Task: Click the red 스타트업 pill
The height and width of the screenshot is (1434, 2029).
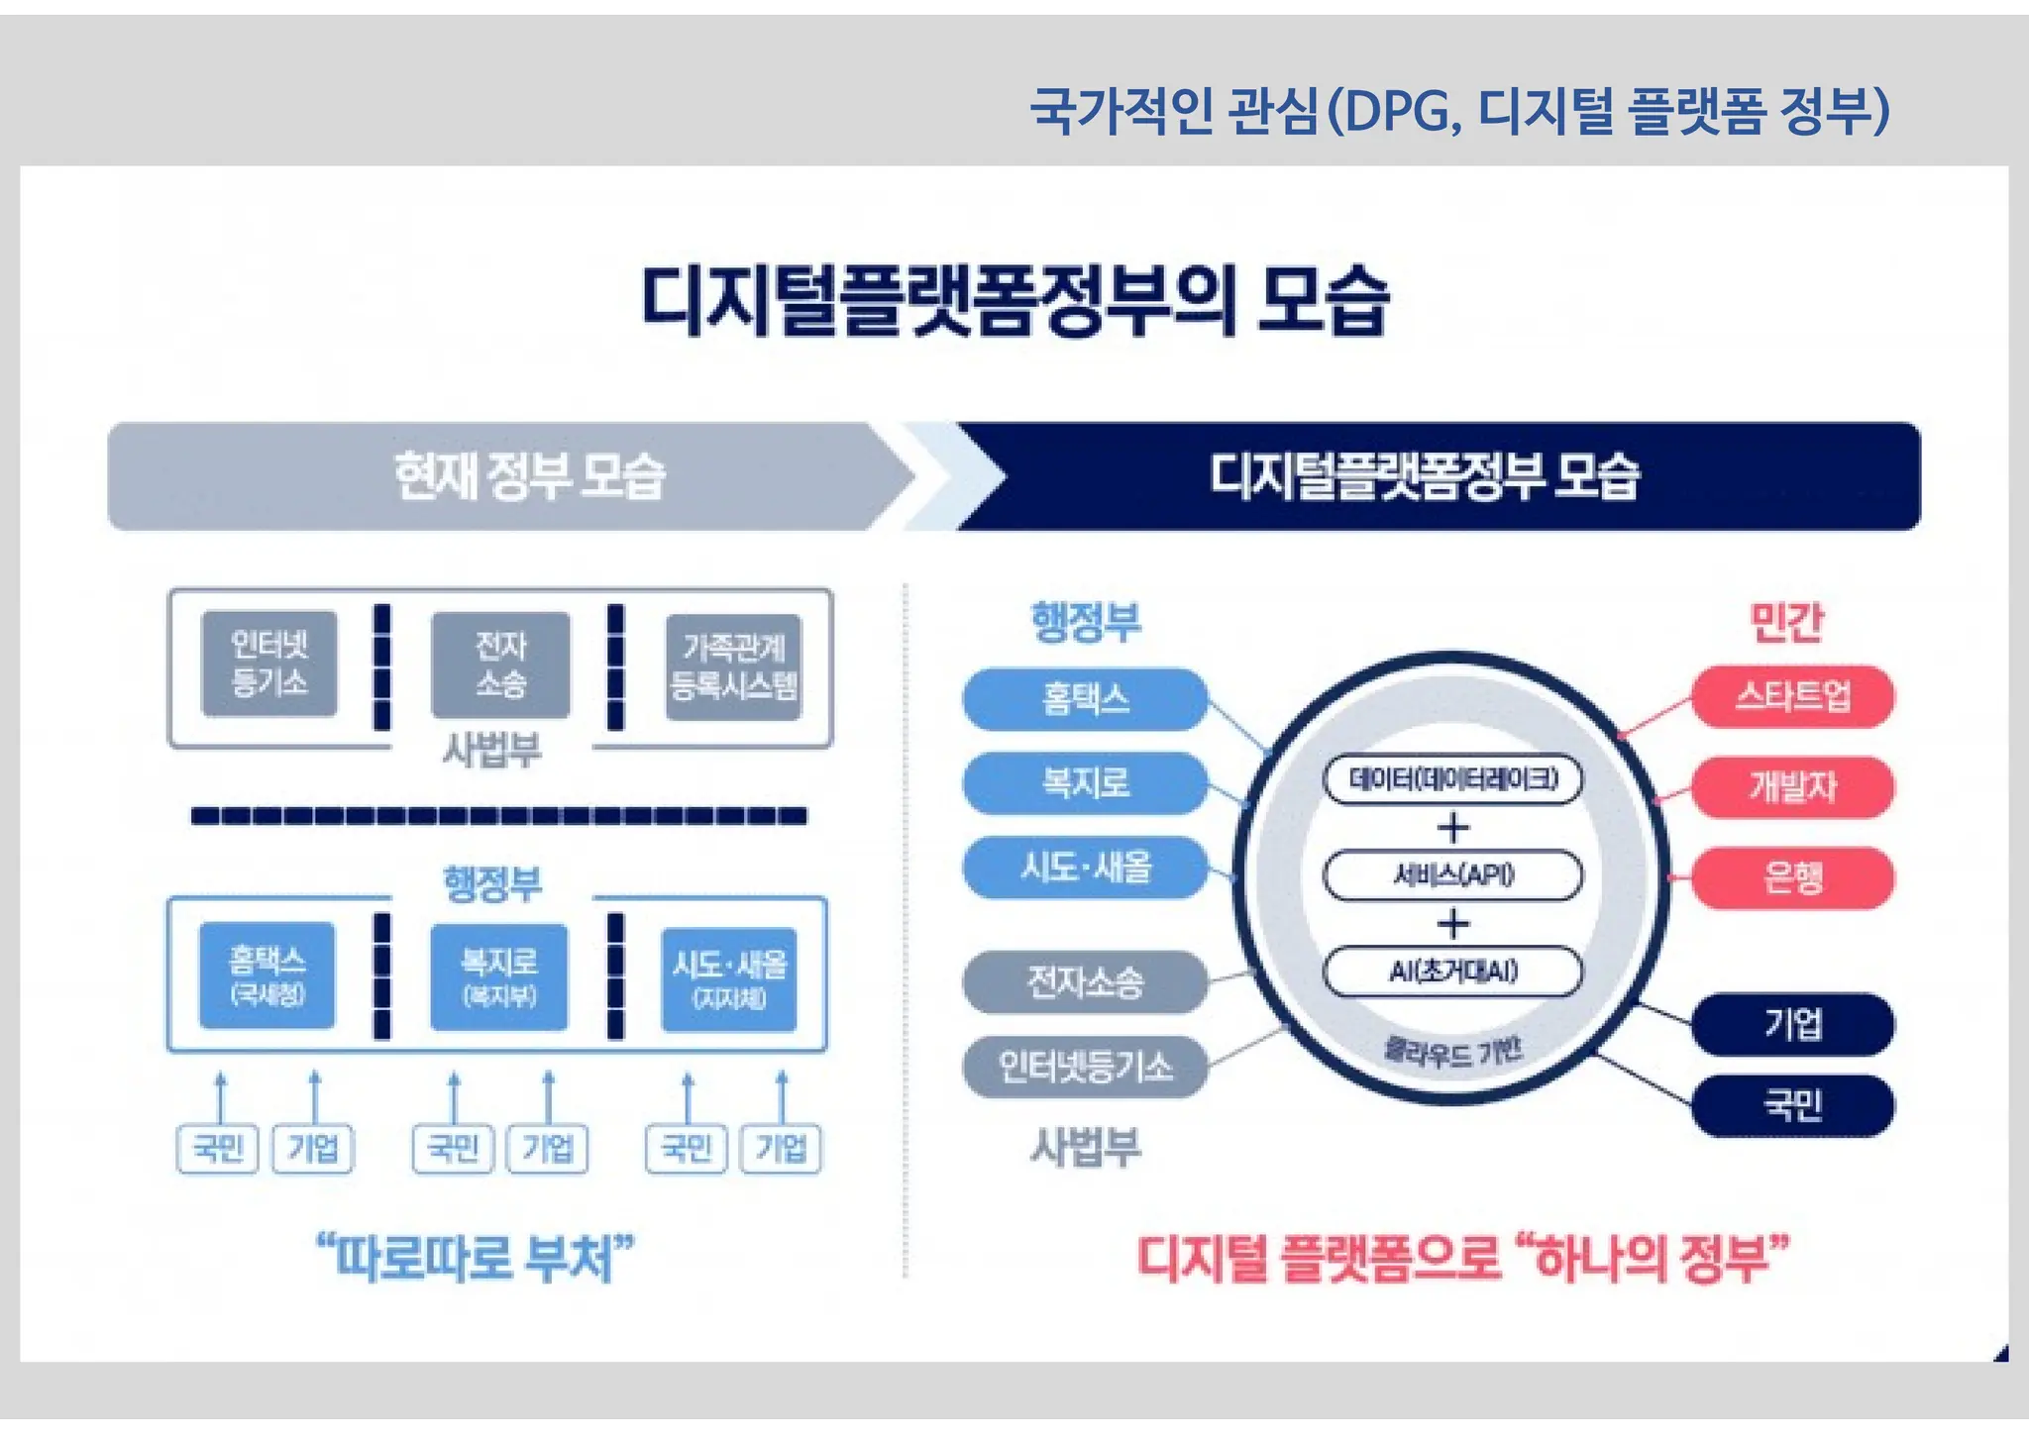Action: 1791,696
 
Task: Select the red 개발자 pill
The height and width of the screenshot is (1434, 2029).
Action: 1791,787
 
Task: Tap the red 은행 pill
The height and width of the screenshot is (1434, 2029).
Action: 1791,877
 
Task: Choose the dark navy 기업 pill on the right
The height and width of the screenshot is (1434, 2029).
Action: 1791,1023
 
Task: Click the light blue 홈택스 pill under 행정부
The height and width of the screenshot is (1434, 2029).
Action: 1085,699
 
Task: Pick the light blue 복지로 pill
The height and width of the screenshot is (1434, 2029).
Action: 1085,783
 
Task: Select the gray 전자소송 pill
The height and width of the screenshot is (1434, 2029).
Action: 1085,981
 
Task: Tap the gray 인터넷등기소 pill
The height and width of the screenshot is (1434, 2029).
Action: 1085,1067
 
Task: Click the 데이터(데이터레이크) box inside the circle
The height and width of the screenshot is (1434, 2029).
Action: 1452,779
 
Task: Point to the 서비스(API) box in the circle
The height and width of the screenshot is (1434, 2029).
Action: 1452,874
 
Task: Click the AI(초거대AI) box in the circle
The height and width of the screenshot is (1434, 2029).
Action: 1452,972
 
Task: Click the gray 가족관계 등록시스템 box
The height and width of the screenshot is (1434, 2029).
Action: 733,666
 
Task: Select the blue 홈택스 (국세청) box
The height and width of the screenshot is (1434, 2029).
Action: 267,975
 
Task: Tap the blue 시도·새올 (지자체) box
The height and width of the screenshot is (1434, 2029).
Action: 729,978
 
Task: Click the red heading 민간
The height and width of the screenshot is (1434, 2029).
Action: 1785,623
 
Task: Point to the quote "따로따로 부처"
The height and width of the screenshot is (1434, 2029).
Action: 475,1258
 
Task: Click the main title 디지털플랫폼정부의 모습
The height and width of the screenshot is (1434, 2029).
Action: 1014,300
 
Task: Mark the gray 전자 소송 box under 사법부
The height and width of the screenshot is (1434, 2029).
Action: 500,665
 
